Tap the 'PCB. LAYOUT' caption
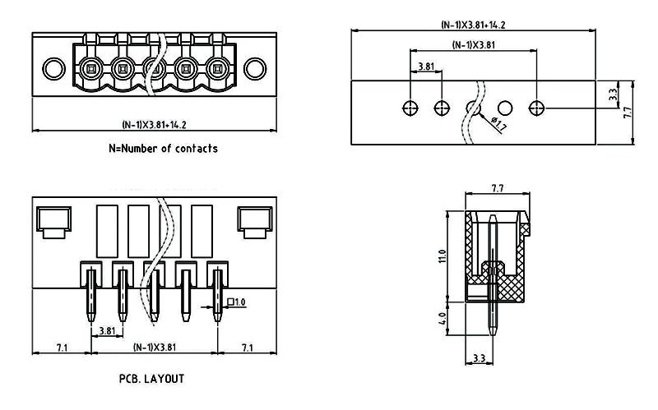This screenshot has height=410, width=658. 151,380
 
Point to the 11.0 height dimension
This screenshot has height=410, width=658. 442,256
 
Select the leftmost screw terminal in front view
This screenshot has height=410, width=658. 90,67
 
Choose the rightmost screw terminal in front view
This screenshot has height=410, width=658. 217,67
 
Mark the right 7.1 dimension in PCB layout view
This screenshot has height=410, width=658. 248,348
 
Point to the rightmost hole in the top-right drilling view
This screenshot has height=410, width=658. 537,107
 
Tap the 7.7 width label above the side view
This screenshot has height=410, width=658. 497,189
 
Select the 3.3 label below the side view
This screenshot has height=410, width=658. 479,359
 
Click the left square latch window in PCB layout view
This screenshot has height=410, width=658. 53,219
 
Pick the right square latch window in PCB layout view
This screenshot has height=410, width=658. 255,219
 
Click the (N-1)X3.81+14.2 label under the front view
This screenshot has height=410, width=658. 154,125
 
